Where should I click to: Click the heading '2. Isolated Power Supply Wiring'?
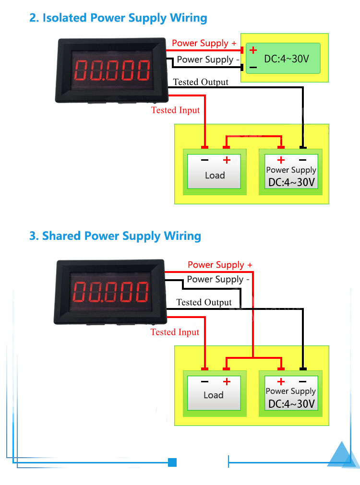(x=118, y=18)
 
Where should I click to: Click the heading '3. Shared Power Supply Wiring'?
(x=115, y=236)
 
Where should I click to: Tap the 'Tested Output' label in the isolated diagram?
(x=201, y=82)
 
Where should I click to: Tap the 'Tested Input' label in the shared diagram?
(x=175, y=332)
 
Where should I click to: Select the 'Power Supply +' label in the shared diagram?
(x=220, y=265)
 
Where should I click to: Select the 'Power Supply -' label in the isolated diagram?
(x=208, y=59)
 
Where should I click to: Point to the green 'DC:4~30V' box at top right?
(x=283, y=58)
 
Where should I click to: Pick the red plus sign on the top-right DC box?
(x=253, y=50)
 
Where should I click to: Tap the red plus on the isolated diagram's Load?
(x=227, y=160)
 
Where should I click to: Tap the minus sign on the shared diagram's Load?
(x=205, y=382)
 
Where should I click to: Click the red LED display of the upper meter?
(x=111, y=70)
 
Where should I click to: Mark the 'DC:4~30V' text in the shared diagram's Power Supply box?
(x=291, y=404)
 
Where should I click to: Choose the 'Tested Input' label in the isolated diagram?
(x=175, y=110)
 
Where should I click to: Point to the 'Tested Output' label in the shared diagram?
(x=204, y=302)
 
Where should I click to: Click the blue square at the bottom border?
(x=173, y=462)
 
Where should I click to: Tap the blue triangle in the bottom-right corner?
(x=343, y=456)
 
